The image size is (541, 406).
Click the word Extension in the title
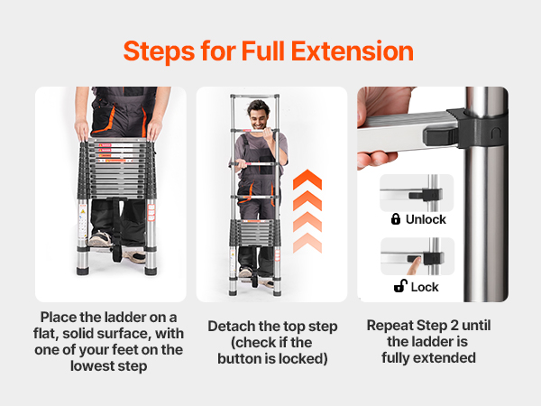click(x=353, y=51)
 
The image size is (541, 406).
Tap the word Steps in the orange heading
click(x=159, y=51)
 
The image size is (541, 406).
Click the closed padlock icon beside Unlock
click(x=396, y=219)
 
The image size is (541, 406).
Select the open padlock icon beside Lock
click(x=400, y=286)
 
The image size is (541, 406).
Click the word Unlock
click(x=426, y=219)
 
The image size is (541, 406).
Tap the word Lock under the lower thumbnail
click(x=425, y=287)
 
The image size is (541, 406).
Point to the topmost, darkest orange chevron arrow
click(x=307, y=180)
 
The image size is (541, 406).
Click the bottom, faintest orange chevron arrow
click(x=307, y=243)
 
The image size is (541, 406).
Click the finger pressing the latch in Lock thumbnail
click(x=413, y=266)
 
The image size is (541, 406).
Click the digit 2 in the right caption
click(x=454, y=325)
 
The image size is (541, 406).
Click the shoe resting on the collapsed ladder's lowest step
click(x=100, y=239)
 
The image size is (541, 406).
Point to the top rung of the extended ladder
click(x=254, y=97)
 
